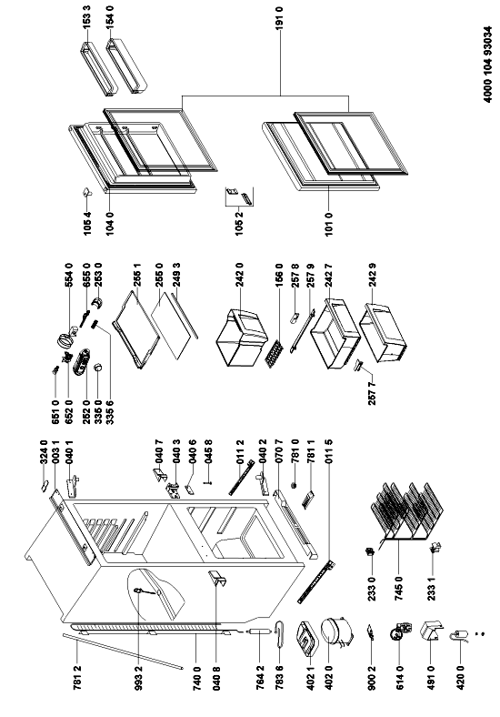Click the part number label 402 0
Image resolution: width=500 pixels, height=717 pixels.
(x=328, y=677)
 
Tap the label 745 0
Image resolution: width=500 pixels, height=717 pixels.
(x=399, y=588)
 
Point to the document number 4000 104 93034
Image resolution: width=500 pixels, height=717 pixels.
(x=488, y=65)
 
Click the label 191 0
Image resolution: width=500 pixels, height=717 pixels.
(x=280, y=17)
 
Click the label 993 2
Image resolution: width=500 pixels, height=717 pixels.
(x=139, y=677)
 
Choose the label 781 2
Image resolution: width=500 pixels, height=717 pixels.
(x=78, y=677)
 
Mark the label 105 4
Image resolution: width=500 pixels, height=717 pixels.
(x=87, y=223)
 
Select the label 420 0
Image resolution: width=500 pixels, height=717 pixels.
(x=460, y=677)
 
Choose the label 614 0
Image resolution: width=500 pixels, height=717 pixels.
(x=399, y=677)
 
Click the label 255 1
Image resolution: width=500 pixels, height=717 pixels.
(x=137, y=274)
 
